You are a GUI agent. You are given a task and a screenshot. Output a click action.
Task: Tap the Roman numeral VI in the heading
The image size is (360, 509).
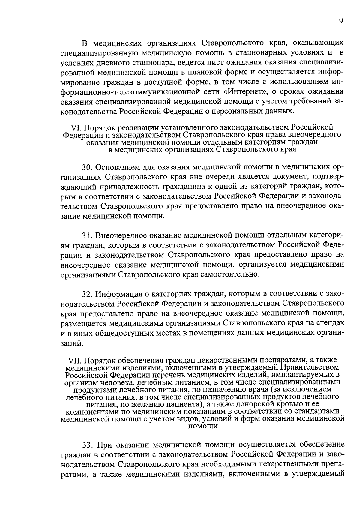point(74,128)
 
